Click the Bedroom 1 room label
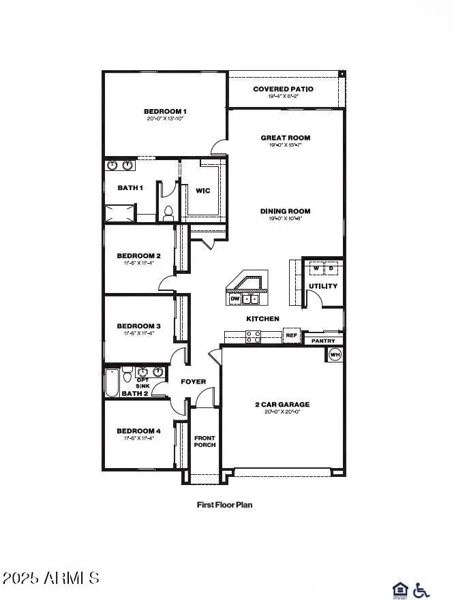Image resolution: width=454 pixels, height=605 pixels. [165, 111]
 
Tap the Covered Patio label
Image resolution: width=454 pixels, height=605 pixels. [283, 89]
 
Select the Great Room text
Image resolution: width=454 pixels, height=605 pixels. [286, 138]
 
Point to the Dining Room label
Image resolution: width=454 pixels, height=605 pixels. [286, 211]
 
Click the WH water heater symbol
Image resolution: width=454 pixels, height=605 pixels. [335, 354]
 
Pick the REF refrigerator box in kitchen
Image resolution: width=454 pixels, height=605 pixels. [292, 335]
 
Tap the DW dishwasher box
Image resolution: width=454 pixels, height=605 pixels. [235, 298]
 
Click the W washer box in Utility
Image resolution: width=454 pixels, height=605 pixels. [316, 267]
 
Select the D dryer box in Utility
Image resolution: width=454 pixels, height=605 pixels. [331, 267]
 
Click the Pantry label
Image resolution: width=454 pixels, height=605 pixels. [322, 340]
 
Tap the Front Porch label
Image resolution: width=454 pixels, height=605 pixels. [205, 441]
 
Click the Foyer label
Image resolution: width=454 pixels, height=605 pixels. [193, 382]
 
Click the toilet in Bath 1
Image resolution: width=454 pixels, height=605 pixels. [168, 213]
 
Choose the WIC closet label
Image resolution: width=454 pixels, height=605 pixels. [203, 191]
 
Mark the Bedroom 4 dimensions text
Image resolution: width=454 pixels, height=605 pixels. [139, 438]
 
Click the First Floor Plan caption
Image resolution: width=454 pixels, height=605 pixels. [224, 505]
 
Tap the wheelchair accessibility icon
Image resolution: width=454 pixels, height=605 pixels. [422, 590]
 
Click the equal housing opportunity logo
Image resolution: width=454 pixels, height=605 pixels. [401, 590]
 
